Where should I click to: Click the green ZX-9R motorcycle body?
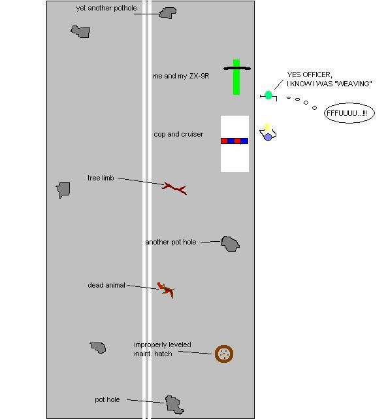pos(236,77)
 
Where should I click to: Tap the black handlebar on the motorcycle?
pos(237,69)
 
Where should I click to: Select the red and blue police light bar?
pos(234,141)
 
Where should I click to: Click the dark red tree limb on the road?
pos(174,188)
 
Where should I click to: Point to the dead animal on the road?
pos(166,290)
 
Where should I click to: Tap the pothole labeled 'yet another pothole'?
pos(168,13)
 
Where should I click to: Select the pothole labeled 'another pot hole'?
pos(230,244)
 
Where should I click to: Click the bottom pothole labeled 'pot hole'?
pos(174,405)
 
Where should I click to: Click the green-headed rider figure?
pos(268,95)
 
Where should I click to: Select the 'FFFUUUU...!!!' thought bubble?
pos(349,113)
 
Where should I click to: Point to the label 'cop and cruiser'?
pos(178,134)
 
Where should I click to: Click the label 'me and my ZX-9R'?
pos(181,76)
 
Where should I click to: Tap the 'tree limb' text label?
pos(101,178)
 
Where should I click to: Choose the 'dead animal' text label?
pos(106,285)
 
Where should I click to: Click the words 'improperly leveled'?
pos(163,344)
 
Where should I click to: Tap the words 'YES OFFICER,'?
pos(310,75)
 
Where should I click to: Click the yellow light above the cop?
pos(267,127)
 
